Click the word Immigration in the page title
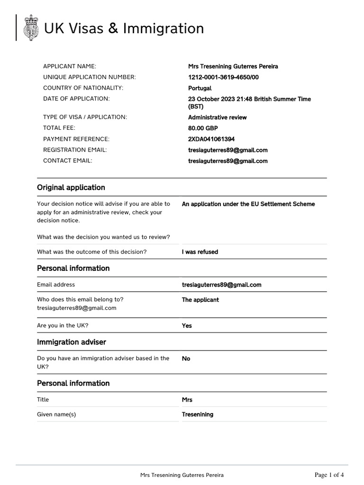tap(164, 29)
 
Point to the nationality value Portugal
tap(200, 88)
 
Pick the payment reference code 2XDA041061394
tap(211, 139)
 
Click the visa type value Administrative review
tap(217, 117)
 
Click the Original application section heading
tap(71, 188)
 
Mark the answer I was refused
tap(200, 252)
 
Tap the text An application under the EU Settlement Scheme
tap(248, 204)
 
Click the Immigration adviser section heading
tap(72, 342)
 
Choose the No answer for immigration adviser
tap(186, 359)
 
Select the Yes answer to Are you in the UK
tap(187, 326)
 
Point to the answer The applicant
tap(200, 300)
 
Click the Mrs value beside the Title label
tap(187, 400)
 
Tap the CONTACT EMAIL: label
tap(67, 161)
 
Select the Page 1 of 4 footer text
tap(329, 475)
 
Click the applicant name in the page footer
tap(182, 475)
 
